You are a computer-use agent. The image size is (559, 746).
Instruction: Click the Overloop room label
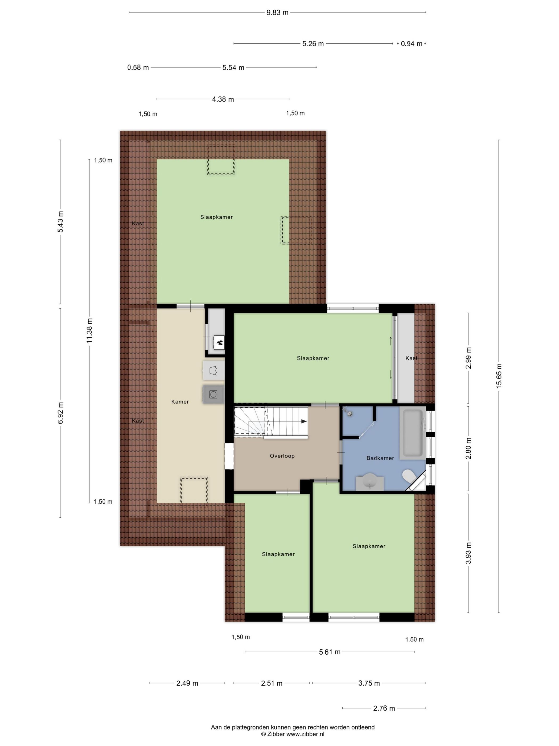point(282,456)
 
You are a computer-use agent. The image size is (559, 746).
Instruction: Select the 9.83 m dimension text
point(277,13)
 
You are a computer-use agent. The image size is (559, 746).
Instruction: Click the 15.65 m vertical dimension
point(499,376)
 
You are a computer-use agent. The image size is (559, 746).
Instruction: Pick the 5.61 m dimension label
point(330,652)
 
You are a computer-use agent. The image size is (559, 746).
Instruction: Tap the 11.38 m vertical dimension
point(89,331)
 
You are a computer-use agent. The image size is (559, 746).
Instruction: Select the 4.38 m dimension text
point(223,99)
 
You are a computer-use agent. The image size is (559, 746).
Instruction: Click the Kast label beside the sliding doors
point(411,358)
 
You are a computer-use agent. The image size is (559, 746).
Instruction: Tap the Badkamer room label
point(380,458)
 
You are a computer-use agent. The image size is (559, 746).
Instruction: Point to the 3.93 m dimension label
point(468,553)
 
